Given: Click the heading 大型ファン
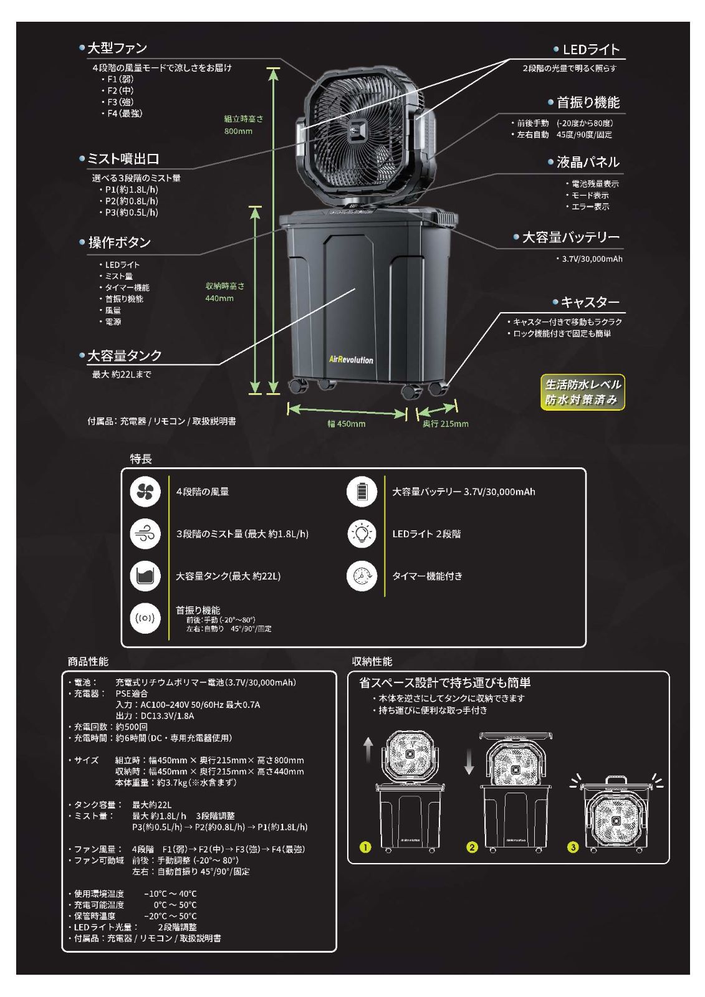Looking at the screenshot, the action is click(x=117, y=48).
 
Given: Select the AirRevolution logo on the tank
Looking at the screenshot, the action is click(x=351, y=360).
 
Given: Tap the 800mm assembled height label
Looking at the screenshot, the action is click(x=244, y=125).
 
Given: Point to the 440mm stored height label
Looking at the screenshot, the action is click(x=225, y=292).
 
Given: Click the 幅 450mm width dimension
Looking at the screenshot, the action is click(x=347, y=424).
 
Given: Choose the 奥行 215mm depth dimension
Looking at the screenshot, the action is click(x=445, y=424).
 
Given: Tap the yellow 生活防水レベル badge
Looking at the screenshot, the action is click(x=583, y=392).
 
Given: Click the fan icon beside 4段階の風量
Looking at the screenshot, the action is click(x=145, y=492).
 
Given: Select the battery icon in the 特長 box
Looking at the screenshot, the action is click(x=362, y=492).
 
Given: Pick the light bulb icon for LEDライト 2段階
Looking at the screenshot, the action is click(x=362, y=533).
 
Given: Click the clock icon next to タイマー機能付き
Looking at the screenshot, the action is click(x=362, y=576).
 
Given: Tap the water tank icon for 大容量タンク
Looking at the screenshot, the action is click(x=145, y=576).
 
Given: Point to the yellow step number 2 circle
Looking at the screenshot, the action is click(x=472, y=847).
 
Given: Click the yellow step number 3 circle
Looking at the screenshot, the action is click(x=573, y=847).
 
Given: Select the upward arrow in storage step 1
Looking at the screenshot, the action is click(x=368, y=750).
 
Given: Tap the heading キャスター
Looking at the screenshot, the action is click(x=590, y=302).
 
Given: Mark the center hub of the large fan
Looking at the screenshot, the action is click(x=357, y=131).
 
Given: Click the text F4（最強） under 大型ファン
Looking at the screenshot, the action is click(x=125, y=113).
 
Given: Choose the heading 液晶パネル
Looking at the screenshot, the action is click(x=588, y=162).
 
